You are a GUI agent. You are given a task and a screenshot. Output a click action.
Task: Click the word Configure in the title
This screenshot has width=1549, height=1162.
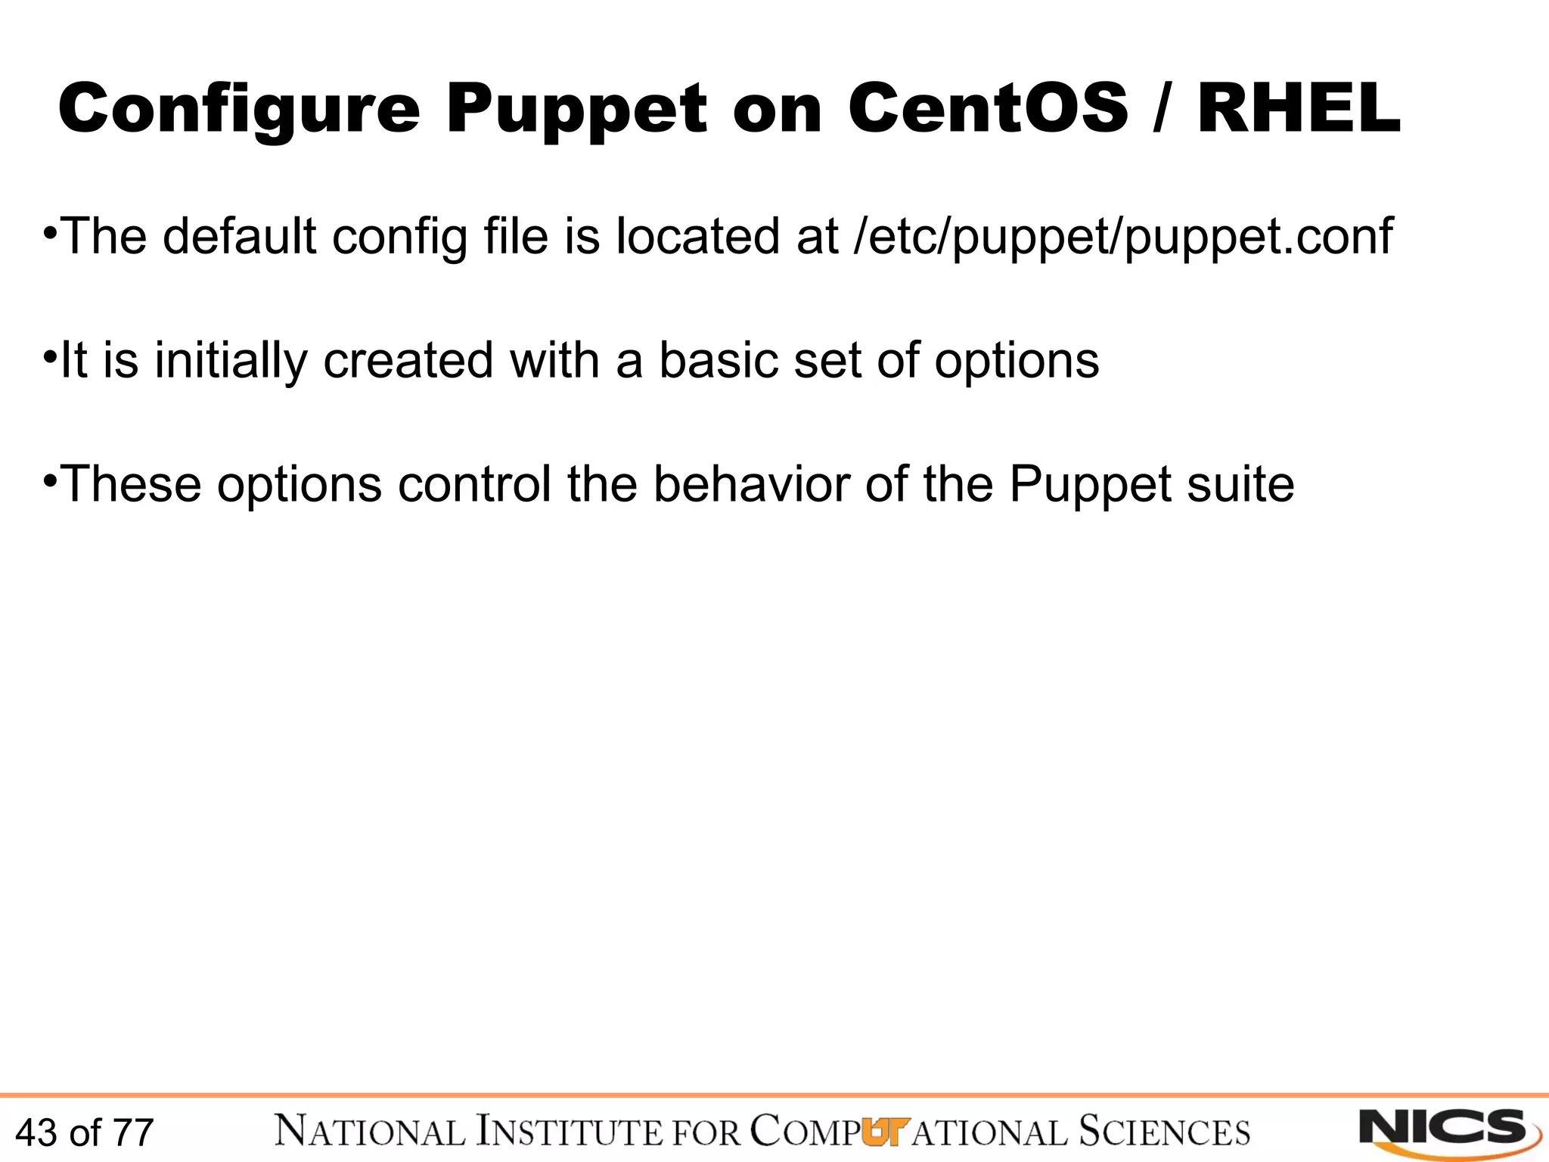point(238,110)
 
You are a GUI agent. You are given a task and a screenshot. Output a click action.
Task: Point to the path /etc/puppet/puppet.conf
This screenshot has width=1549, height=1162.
point(1122,238)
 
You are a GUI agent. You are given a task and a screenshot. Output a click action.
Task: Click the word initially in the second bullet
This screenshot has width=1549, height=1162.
point(231,361)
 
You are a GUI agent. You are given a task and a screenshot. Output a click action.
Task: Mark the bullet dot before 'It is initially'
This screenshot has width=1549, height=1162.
point(49,354)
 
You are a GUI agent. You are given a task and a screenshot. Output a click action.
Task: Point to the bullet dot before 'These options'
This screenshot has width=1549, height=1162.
point(49,478)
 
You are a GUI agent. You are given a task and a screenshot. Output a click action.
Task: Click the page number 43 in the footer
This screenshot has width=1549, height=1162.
point(36,1132)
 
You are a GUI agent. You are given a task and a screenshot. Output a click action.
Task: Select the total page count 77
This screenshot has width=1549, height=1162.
point(133,1132)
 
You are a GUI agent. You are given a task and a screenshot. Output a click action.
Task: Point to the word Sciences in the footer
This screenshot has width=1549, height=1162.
point(1164,1132)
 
